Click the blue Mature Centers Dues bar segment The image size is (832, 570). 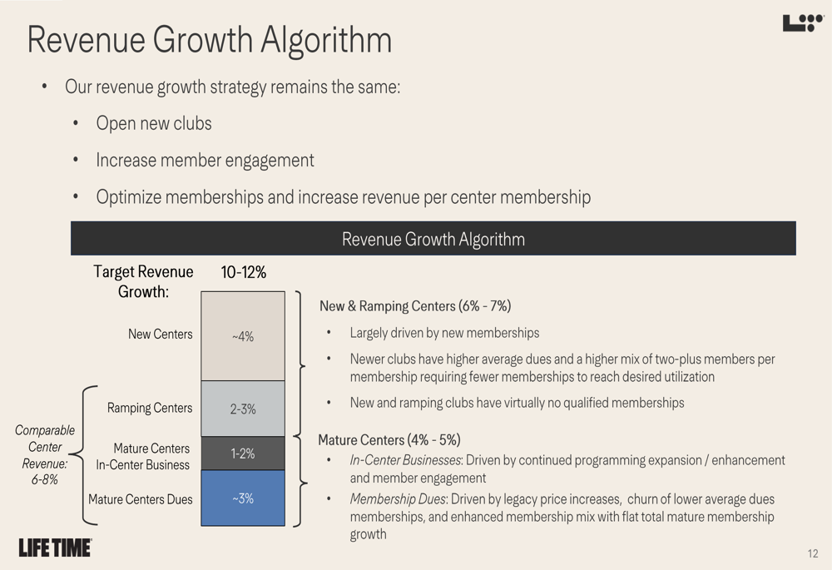243,498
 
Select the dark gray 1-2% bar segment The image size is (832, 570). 243,454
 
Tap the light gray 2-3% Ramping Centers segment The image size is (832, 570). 243,409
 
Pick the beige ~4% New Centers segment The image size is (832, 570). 243,336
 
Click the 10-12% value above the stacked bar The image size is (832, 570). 243,272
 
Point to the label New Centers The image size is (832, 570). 160,335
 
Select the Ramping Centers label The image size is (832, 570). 150,408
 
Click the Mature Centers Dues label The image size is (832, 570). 141,499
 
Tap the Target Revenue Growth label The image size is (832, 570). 143,281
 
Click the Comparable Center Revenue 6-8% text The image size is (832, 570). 44,454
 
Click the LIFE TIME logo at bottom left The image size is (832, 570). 55,548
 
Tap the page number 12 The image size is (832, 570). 812,553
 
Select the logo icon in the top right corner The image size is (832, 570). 802,23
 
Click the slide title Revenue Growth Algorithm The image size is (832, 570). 209,40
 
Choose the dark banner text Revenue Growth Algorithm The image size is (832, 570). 433,240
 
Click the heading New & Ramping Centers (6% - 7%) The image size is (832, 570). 415,306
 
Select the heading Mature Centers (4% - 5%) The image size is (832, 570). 389,439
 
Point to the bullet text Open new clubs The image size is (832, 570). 154,123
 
